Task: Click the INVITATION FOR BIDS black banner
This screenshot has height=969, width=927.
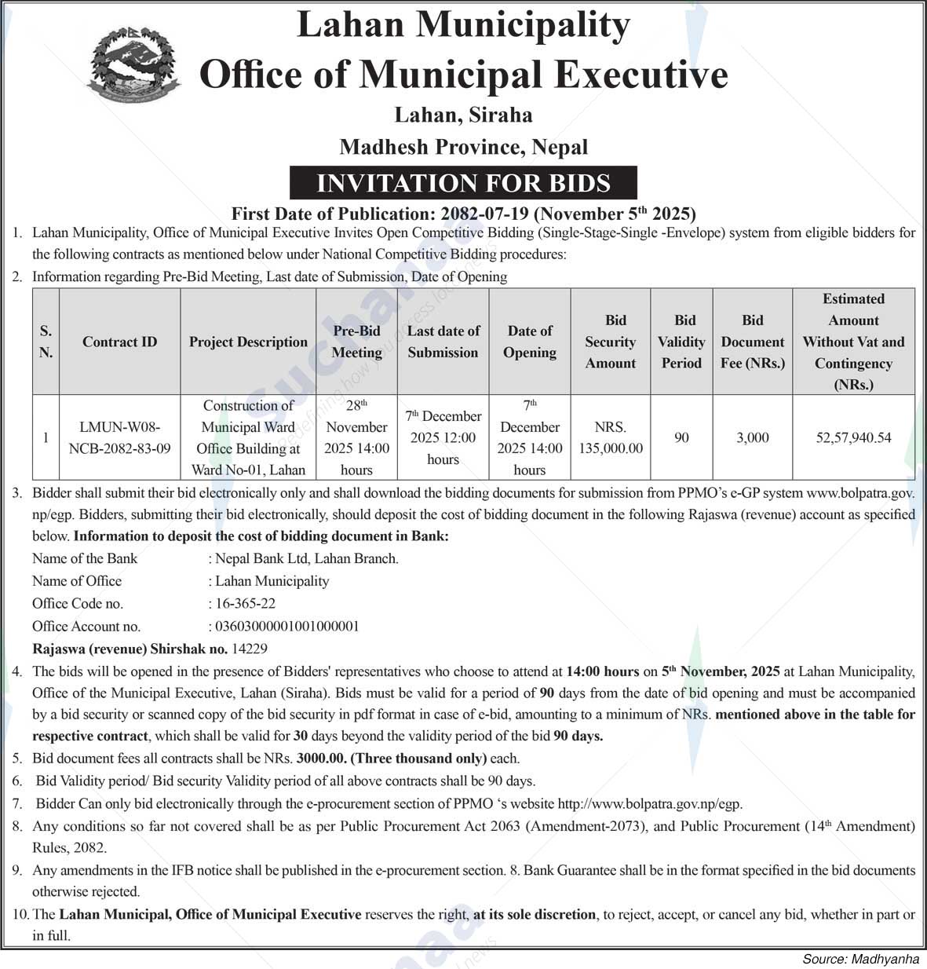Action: pos(463,183)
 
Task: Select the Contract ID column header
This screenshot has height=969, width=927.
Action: pos(119,342)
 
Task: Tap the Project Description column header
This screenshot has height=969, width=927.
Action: pos(248,342)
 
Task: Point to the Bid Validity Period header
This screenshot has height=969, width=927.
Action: pos(681,342)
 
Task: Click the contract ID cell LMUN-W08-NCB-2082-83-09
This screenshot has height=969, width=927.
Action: pos(119,437)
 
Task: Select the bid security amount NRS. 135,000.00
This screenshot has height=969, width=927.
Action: pos(611,437)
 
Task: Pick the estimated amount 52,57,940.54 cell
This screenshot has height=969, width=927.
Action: pos(853,437)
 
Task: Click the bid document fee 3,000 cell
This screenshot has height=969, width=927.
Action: pos(752,437)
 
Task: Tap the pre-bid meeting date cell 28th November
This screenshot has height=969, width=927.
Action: pos(356,437)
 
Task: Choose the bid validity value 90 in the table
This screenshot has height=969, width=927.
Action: pos(681,437)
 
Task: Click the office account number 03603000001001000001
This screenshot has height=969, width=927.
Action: pos(286,626)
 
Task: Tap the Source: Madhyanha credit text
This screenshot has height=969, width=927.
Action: pos(860,959)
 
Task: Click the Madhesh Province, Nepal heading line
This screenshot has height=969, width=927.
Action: pos(463,147)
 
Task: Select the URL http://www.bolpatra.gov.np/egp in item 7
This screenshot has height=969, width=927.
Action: pos(649,803)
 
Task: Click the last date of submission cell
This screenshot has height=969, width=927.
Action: pos(443,437)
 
